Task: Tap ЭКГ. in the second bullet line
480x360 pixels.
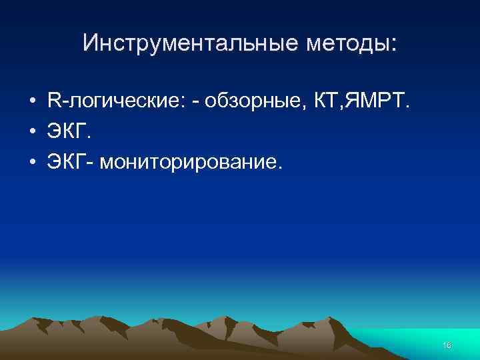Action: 69,133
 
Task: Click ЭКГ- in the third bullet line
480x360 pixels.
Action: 71,163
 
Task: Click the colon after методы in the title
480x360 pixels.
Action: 393,45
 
